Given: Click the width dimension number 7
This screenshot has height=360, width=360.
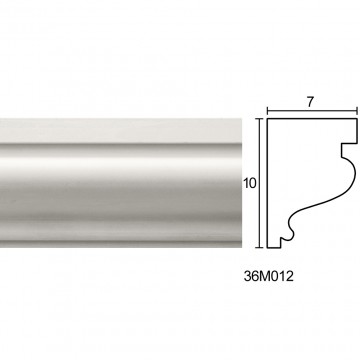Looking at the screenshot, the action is (x=310, y=103).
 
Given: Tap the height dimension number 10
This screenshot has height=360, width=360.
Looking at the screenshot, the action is (x=250, y=183).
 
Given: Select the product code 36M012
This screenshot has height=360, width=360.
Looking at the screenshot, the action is (x=269, y=276).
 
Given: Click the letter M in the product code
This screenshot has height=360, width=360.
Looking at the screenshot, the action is (x=264, y=276).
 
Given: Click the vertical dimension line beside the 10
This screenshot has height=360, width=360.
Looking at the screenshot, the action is (x=260, y=183).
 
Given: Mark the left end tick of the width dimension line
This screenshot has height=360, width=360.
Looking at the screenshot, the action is (x=267, y=111).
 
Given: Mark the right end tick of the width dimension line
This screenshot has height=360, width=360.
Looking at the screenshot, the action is (x=357, y=111).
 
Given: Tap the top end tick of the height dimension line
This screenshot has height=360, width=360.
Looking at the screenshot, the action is (x=260, y=118).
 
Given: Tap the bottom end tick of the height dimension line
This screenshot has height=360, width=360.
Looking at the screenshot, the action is (x=260, y=248).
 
